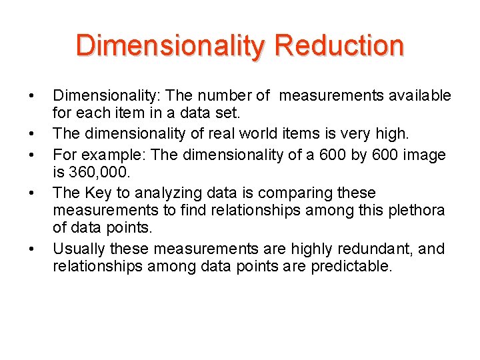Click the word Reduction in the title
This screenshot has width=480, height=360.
[x=339, y=45]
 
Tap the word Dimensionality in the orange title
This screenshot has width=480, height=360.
[x=170, y=45]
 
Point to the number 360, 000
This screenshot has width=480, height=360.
[x=93, y=173]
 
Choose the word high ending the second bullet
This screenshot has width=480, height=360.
[x=393, y=134]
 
